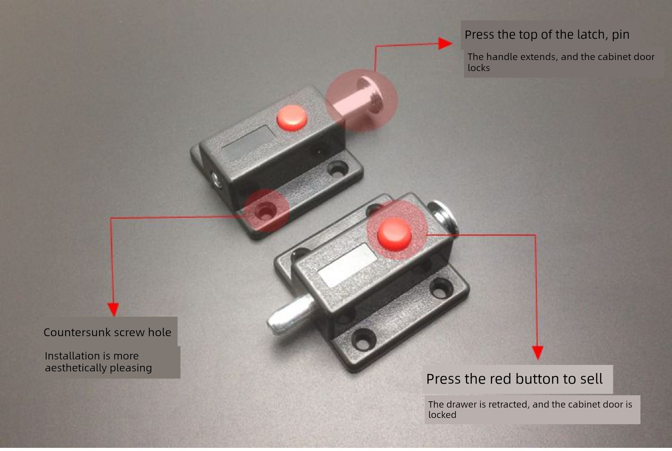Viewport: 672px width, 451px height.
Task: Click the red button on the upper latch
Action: [x=292, y=118]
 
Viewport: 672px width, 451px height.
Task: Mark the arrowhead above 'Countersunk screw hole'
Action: [x=113, y=309]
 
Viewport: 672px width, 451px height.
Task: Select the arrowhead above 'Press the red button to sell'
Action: [x=538, y=353]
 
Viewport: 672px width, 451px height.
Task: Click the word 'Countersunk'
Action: [x=77, y=332]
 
